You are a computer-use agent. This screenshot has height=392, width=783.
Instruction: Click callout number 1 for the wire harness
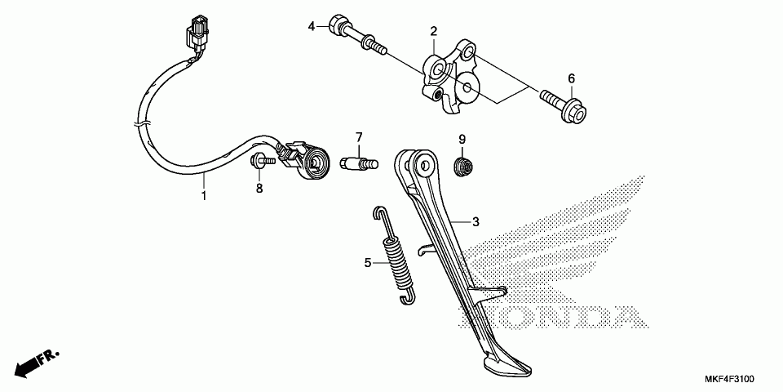[204, 196]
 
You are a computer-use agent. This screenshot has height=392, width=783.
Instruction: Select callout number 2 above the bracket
[435, 32]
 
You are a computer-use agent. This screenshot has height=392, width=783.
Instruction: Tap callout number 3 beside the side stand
[476, 222]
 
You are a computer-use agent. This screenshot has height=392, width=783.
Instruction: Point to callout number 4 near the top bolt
[312, 26]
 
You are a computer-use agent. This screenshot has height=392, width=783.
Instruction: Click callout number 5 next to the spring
[368, 263]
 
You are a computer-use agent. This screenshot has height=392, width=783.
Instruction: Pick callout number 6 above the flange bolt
[571, 78]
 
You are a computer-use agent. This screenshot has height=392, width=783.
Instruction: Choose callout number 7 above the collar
[358, 136]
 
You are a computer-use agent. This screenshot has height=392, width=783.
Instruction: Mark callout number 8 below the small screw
[259, 189]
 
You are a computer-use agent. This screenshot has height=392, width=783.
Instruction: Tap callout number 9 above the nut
[461, 139]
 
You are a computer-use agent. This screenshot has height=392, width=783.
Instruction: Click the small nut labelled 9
[462, 167]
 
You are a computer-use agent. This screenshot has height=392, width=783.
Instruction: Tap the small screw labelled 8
[259, 162]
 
